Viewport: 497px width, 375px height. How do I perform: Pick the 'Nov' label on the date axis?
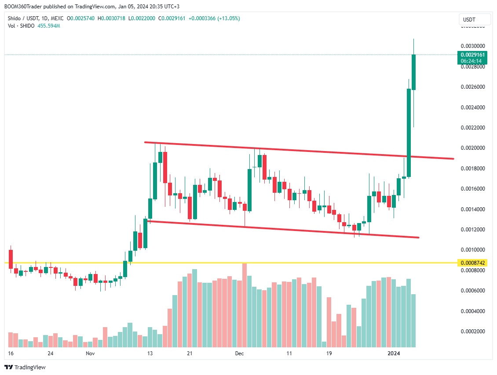pyautogui.click(x=91, y=353)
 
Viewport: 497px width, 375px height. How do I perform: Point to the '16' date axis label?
pyautogui.click(x=11, y=353)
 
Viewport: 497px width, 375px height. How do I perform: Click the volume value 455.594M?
pyautogui.click(x=48, y=26)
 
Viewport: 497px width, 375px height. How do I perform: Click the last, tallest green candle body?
pyautogui.click(x=413, y=72)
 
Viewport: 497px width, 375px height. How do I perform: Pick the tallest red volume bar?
pyautogui.click(x=245, y=305)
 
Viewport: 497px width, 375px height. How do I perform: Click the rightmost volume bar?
pyautogui.click(x=413, y=321)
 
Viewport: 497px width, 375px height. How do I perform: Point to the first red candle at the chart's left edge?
pyautogui.click(x=11, y=259)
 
